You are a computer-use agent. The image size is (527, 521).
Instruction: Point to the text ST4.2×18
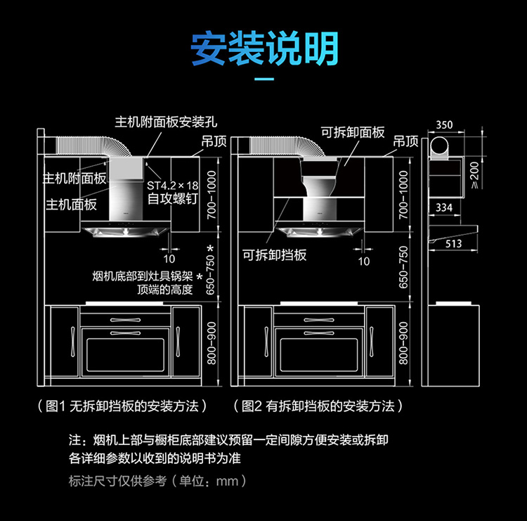click(x=173, y=185)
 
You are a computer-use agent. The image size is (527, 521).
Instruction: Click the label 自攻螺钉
click(x=170, y=198)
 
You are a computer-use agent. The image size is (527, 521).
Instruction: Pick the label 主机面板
click(x=72, y=205)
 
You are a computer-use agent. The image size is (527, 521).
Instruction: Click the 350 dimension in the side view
click(x=444, y=124)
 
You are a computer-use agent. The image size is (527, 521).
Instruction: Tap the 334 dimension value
click(x=444, y=207)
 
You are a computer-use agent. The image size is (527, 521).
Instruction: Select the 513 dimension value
click(x=453, y=243)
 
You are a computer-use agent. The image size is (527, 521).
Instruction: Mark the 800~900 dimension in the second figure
click(x=403, y=342)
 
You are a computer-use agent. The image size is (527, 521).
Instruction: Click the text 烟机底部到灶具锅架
click(x=142, y=276)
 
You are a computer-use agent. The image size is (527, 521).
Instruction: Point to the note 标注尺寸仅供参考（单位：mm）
click(x=158, y=482)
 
